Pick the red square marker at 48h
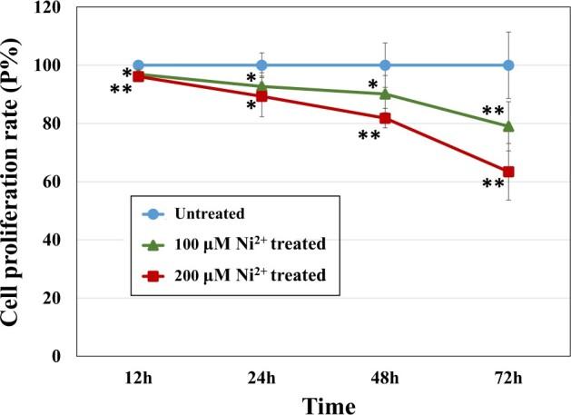385,118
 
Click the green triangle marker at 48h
385,94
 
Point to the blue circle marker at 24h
261,65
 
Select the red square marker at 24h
261,96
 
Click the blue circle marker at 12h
138,65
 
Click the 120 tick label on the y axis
52,7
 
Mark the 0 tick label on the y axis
61,356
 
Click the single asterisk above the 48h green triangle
372,86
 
